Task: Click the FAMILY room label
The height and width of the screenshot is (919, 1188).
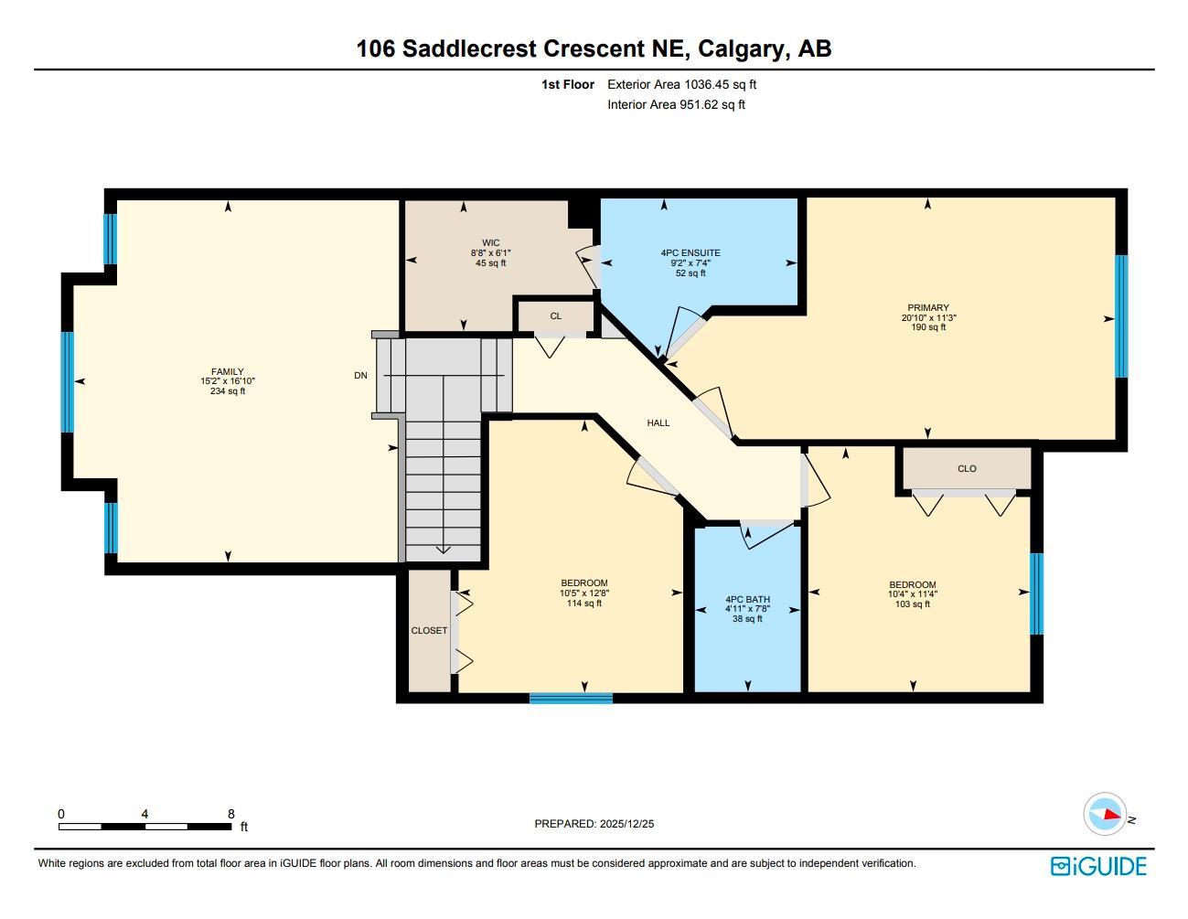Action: pyautogui.click(x=228, y=372)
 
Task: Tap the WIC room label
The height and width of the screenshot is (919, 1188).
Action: pyautogui.click(x=490, y=243)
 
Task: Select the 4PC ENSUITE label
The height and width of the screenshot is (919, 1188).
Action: pyautogui.click(x=690, y=252)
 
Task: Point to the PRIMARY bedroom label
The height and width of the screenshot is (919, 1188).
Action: pyautogui.click(x=928, y=308)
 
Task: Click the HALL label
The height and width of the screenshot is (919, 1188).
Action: pyautogui.click(x=658, y=423)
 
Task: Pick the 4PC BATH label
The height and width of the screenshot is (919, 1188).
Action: pyautogui.click(x=747, y=600)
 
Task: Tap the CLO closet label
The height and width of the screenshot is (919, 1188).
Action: pyautogui.click(x=967, y=469)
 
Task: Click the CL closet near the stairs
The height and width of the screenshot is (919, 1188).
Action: pyautogui.click(x=555, y=316)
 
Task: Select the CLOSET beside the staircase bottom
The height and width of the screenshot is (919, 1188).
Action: pyautogui.click(x=429, y=631)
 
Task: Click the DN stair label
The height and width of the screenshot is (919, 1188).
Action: pyautogui.click(x=361, y=376)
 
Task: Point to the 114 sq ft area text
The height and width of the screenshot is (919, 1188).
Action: pyautogui.click(x=584, y=604)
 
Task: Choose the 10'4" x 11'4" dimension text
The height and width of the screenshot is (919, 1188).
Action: pyautogui.click(x=912, y=594)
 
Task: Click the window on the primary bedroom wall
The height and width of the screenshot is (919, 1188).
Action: pyautogui.click(x=1120, y=316)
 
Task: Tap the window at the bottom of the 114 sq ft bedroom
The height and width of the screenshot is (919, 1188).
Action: pyautogui.click(x=571, y=699)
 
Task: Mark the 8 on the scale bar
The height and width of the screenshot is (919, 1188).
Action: pyautogui.click(x=230, y=814)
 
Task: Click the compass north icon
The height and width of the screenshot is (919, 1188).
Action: pyautogui.click(x=1105, y=814)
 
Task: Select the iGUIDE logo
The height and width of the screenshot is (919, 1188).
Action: pyautogui.click(x=1098, y=866)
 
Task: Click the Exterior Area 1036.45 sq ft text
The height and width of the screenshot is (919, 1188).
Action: pyautogui.click(x=682, y=84)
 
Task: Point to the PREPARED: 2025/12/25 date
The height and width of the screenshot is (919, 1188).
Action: pyautogui.click(x=594, y=824)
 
